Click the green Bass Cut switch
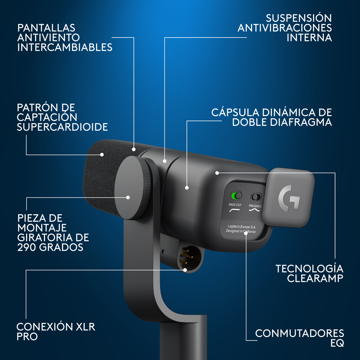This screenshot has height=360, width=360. (x=236, y=196)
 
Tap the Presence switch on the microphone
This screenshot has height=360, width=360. (x=256, y=197)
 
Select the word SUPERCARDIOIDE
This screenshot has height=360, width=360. (x=62, y=127)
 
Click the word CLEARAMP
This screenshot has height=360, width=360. (x=315, y=278)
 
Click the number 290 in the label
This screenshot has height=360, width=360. (x=26, y=247)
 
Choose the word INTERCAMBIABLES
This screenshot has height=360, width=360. (x=64, y=47)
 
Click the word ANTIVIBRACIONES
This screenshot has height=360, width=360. (x=285, y=28)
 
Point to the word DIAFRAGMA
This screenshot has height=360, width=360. (x=301, y=122)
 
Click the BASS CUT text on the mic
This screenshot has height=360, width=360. (x=235, y=205)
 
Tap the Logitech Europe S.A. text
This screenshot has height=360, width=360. (x=241, y=226)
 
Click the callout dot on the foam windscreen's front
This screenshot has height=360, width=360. (x=102, y=154)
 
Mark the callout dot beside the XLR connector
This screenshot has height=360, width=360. (x=185, y=270)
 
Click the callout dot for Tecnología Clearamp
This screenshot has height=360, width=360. (x=217, y=173)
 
